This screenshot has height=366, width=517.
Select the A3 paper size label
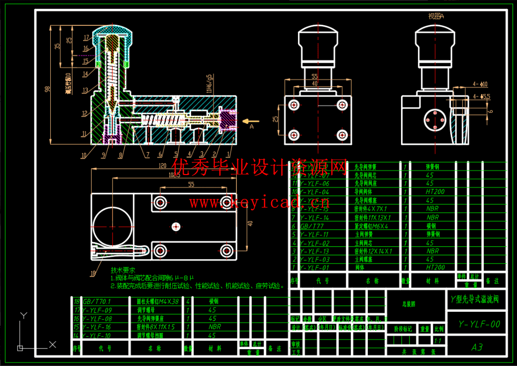tap(477, 347)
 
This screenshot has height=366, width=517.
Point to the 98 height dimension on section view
tap(47, 89)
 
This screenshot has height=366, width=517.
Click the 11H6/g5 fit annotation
tap(210, 85)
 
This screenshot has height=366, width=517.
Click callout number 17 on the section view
tap(86, 37)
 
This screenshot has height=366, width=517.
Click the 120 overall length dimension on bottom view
tap(162, 166)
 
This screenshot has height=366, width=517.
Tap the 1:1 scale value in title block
tap(438, 341)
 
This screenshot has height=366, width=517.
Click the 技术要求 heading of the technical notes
tap(122, 270)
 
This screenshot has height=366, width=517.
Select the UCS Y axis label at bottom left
tap(22, 315)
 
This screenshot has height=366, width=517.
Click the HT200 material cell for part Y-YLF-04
tap(435, 192)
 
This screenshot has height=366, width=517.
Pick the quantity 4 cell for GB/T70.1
tap(188, 301)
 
